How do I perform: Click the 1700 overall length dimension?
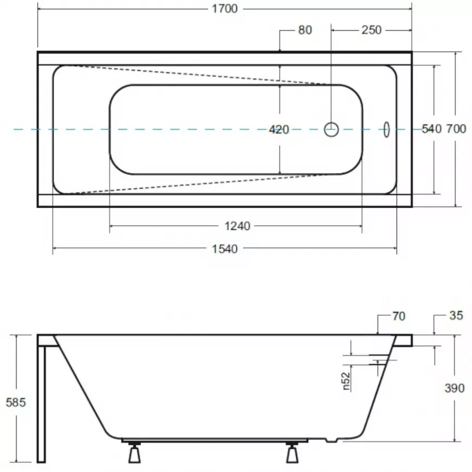point(225,9)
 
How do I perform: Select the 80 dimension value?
point(305,30)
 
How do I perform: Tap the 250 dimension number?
point(372,30)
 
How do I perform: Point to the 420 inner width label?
point(279,130)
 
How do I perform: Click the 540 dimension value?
point(431,129)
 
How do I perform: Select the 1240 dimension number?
point(238,226)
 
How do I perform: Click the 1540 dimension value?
point(225,249)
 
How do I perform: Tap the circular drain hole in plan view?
point(331,129)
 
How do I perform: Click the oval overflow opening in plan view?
point(386,129)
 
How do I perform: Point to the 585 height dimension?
point(15,402)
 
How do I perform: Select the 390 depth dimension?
point(455,388)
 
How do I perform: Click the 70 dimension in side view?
point(398,316)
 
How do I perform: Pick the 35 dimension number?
point(456,315)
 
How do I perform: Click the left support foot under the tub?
point(134,454)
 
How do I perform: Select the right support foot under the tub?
point(292,454)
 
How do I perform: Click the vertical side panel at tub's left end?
point(42,401)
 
